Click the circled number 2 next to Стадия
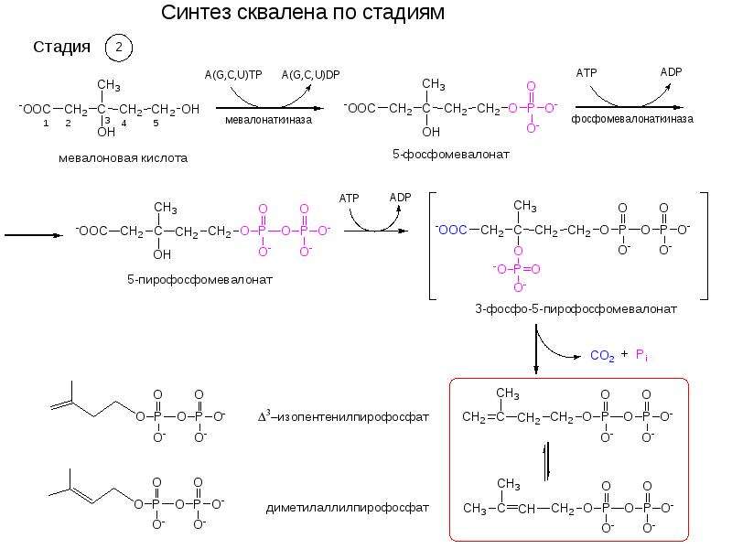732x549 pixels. [x=119, y=48]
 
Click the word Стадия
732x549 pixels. [x=61, y=47]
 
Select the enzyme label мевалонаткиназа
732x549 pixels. [x=268, y=120]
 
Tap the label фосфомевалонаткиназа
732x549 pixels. [x=632, y=119]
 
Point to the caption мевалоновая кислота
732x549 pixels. [x=124, y=157]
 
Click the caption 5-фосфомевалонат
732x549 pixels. [x=450, y=154]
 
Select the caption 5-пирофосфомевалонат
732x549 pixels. [x=199, y=280]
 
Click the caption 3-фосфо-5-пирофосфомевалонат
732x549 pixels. [x=576, y=308]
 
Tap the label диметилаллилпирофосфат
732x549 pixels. [x=348, y=508]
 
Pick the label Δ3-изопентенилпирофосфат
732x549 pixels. [x=343, y=416]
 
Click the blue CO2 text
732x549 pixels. [x=602, y=356]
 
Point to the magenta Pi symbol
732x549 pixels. [x=641, y=355]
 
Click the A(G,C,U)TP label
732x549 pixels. [x=233, y=75]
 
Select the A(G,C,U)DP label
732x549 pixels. [x=310, y=75]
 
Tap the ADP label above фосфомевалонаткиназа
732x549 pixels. [x=671, y=72]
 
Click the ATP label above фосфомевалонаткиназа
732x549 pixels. [x=587, y=73]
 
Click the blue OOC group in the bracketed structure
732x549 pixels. [x=451, y=230]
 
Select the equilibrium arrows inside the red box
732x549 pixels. [x=547, y=461]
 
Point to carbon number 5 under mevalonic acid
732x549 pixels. [x=156, y=124]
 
